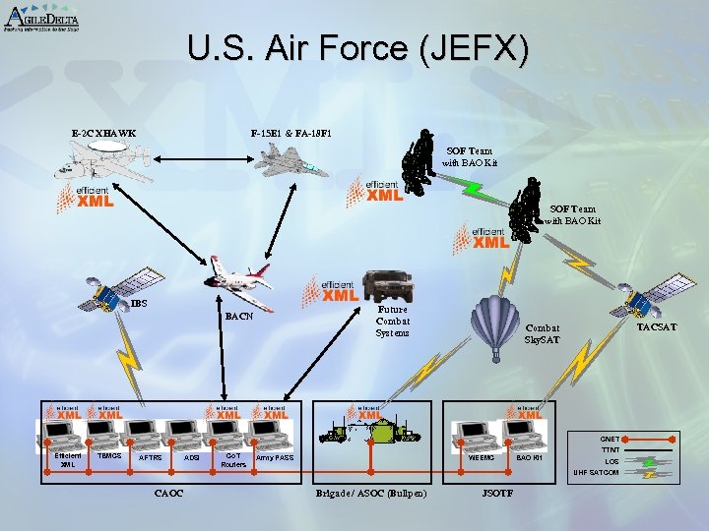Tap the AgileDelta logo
pos(41,18)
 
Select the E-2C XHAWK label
pos(103,133)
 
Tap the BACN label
pos(239,317)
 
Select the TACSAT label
pos(657,326)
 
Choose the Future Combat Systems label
pos(392,321)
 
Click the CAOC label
pos(169,493)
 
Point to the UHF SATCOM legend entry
pos(596,473)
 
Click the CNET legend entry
pos(610,439)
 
